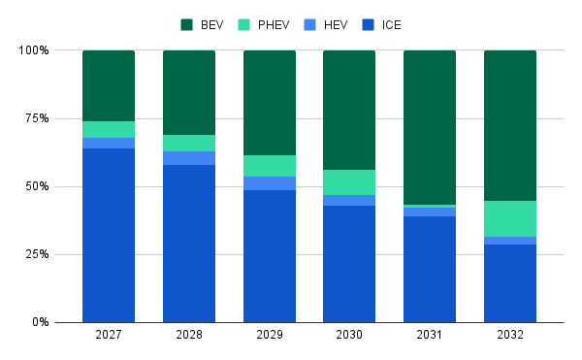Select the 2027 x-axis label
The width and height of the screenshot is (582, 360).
coord(109,335)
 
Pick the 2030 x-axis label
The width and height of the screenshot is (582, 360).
coord(349,335)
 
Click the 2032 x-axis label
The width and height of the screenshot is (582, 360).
coord(510,335)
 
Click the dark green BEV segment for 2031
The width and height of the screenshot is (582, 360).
coord(430,127)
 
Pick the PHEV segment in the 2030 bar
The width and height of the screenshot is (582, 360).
coord(349,182)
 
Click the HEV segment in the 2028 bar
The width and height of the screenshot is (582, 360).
coord(189,158)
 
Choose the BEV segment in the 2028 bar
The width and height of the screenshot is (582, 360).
coord(189,92)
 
